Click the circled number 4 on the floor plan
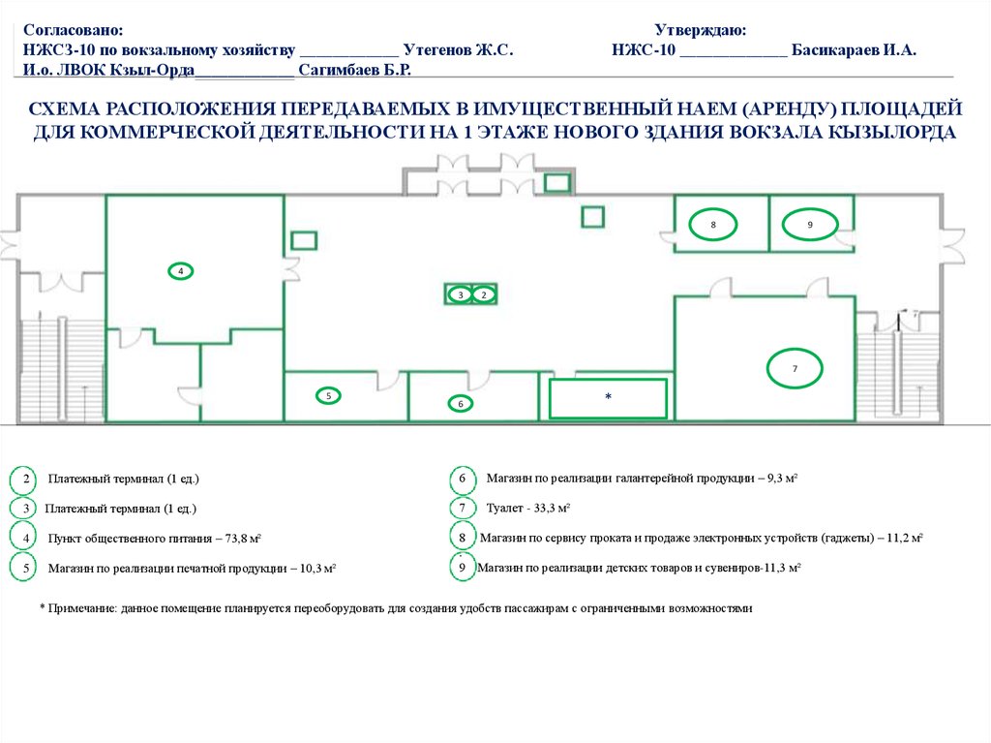pos(181,271)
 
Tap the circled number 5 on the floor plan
pos(328,396)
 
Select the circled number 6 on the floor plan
pos(460,404)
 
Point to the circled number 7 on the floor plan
pos(795,368)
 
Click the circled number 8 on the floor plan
pos(713,225)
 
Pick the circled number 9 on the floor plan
pos(810,225)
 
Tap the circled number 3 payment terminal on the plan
pos(461,294)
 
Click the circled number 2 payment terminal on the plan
pos(484,294)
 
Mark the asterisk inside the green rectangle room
pos(608,397)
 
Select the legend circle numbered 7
pos(462,509)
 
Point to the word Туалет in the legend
pos(505,509)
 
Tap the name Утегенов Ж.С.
pos(458,50)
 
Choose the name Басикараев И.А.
pos(854,50)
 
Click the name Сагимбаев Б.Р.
pos(354,70)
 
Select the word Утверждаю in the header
pos(701,30)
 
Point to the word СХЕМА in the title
pos(64,108)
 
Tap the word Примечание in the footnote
pos(82,608)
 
